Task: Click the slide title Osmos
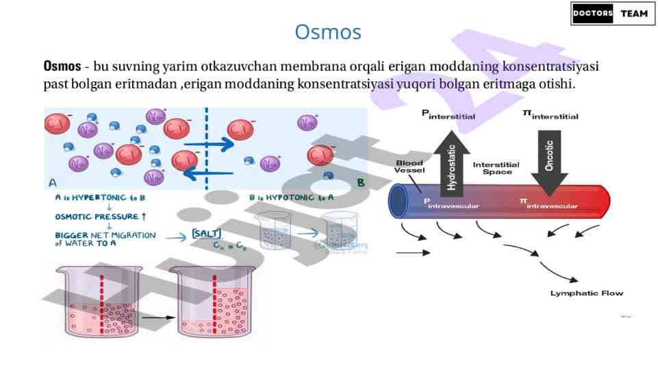coord(328,32)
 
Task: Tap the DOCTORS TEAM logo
coord(609,14)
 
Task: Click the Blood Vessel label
coord(409,166)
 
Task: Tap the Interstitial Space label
coord(496,168)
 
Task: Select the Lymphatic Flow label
coord(587,293)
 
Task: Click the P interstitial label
coord(448,115)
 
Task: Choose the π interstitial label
coord(551,115)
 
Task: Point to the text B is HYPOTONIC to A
coord(291,197)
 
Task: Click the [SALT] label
coord(206,234)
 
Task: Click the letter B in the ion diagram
coord(359,183)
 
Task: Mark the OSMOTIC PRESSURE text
coord(100,217)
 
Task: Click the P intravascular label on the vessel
coord(451,203)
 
